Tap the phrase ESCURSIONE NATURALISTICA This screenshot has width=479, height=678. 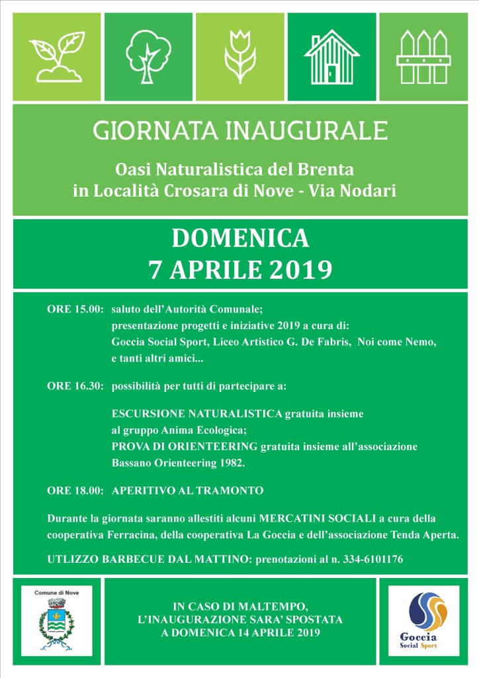197,414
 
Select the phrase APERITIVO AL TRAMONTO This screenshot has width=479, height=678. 188,491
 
